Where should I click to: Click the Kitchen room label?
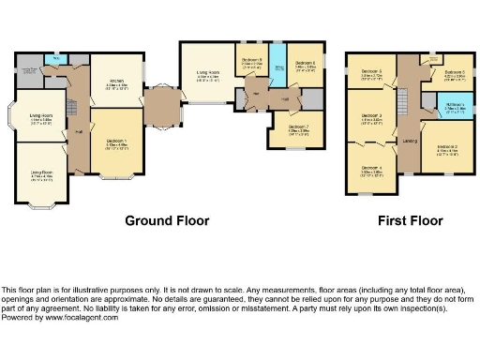pyautogui.click(x=119, y=82)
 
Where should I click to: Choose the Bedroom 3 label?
pyautogui.click(x=371, y=118)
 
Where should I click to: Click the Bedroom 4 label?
pyautogui.click(x=371, y=172)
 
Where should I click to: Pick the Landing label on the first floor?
pyautogui.click(x=409, y=141)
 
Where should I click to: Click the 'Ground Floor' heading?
pyautogui.click(x=167, y=221)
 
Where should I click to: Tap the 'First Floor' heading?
pyautogui.click(x=410, y=221)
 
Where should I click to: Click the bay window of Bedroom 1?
pyautogui.click(x=118, y=176)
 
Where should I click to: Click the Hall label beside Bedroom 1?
pyautogui.click(x=79, y=131)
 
